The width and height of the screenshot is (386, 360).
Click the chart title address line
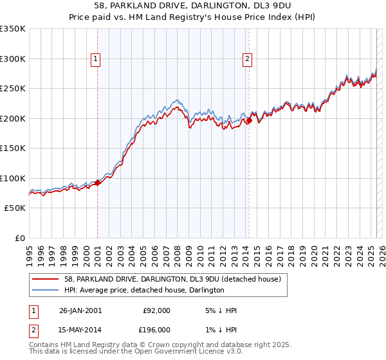[x=192, y=6]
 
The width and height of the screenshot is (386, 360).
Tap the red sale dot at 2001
[x=98, y=183]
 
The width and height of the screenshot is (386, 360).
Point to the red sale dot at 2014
[x=249, y=120]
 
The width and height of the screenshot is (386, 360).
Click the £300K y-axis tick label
[x=13, y=59]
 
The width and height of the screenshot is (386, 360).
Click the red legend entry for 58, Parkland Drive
[x=172, y=279]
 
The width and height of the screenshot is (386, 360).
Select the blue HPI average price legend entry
[x=143, y=291]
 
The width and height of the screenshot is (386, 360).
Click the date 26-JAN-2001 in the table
[x=80, y=310]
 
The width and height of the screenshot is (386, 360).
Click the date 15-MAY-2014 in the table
[x=80, y=329]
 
